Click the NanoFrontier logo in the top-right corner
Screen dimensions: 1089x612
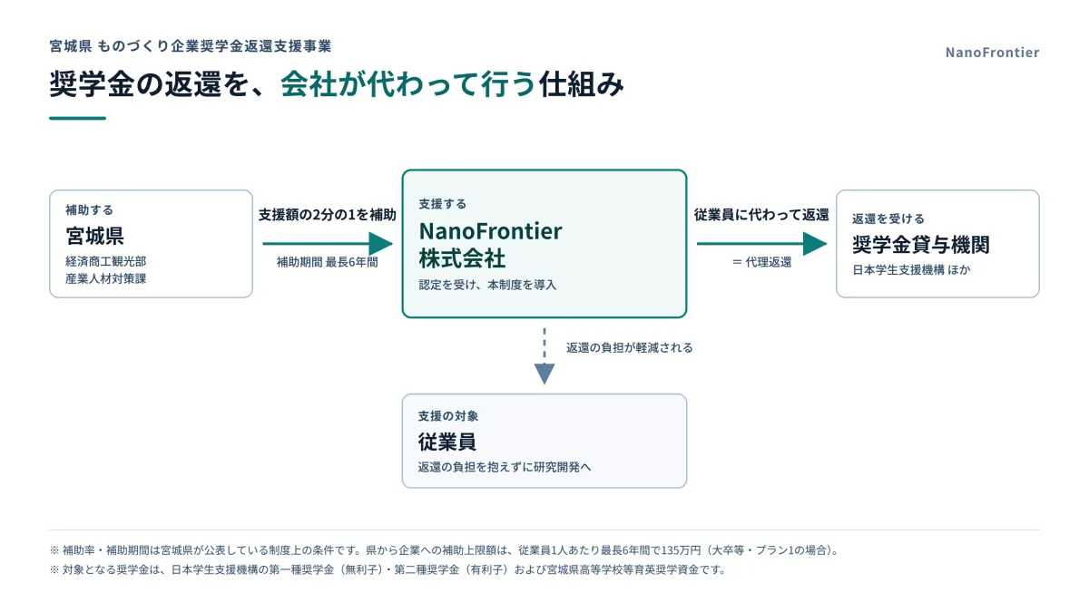tap(992, 53)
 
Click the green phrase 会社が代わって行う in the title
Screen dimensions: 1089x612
tap(407, 84)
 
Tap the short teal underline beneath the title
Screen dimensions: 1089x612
tap(77, 118)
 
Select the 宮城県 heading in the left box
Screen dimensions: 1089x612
tap(94, 236)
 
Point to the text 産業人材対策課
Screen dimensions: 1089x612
tap(106, 279)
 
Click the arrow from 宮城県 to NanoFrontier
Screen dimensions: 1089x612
tap(328, 243)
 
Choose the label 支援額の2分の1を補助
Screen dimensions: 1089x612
tap(328, 215)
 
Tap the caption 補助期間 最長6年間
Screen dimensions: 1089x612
tap(328, 262)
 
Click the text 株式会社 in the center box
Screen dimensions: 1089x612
tap(462, 258)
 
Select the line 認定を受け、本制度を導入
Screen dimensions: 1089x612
tap(487, 285)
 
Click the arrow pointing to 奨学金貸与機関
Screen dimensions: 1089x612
tap(761, 243)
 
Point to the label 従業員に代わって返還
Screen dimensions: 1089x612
tap(761, 215)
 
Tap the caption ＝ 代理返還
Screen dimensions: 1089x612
tap(761, 262)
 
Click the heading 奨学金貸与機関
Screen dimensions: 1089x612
tap(921, 244)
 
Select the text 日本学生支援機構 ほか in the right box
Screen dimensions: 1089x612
tap(911, 270)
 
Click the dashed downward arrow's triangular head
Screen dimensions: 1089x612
tap(544, 374)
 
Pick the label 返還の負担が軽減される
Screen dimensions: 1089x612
tap(629, 348)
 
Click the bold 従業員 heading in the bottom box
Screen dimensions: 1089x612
tap(446, 442)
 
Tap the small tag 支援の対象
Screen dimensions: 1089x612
tap(448, 416)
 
